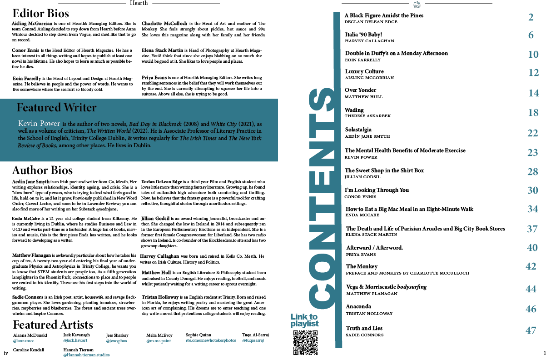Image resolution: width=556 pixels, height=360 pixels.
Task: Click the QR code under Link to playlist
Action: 305,342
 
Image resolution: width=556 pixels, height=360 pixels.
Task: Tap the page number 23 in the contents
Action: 532,152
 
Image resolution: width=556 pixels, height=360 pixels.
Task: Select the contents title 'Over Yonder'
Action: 360,90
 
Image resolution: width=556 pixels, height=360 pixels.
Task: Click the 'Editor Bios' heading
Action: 41,13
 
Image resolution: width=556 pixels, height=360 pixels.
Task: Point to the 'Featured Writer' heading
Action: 56,108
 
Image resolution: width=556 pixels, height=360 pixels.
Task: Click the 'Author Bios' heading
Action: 42,170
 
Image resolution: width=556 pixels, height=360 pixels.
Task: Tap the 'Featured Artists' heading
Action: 53,325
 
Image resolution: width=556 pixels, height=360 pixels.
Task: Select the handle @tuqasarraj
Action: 253,340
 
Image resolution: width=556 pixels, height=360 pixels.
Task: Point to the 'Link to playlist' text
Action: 304,320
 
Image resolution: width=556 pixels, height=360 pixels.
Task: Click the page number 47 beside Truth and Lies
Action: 531,330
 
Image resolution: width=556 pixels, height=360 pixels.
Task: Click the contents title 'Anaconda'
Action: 358,306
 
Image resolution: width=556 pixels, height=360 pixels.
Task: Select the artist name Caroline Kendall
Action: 29,350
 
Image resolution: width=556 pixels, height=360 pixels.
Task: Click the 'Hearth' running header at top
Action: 139,3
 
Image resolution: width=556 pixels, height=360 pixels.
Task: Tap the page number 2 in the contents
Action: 531,18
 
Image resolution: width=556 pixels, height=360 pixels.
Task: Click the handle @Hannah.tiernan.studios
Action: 86,355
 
